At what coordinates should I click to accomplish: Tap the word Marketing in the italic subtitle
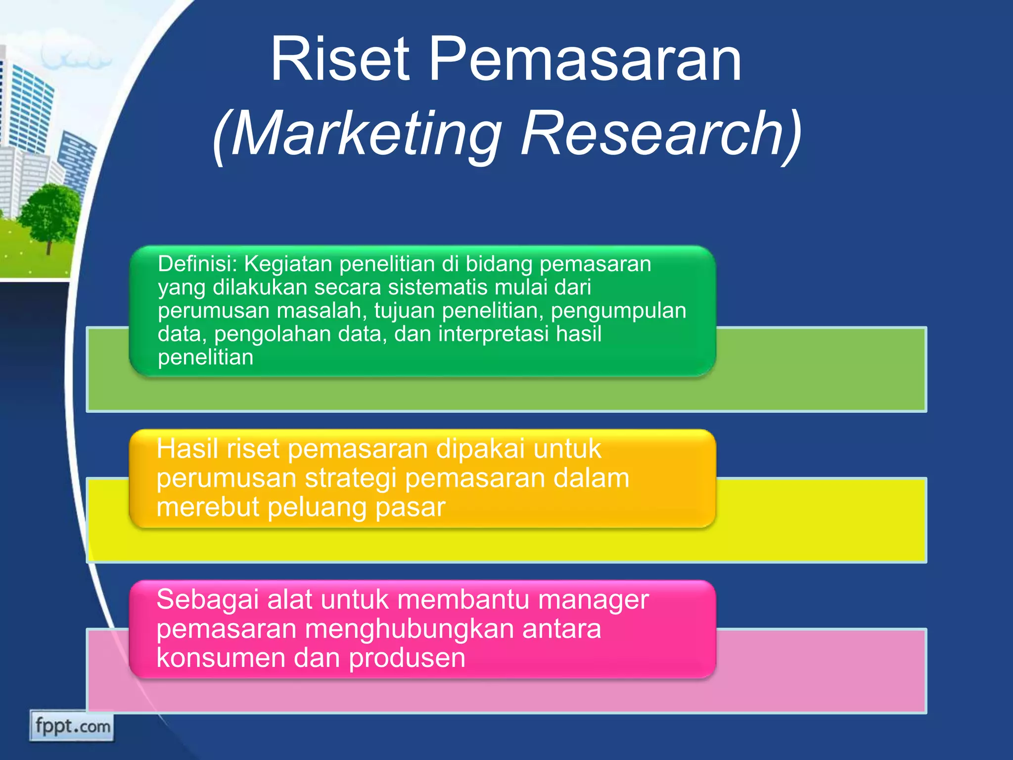point(366,135)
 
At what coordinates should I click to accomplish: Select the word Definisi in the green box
point(197,264)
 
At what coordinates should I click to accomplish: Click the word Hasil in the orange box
point(187,449)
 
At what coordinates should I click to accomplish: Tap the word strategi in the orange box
point(351,478)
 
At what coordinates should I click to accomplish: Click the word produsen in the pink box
point(407,658)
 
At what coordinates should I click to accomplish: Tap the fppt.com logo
point(72,726)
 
